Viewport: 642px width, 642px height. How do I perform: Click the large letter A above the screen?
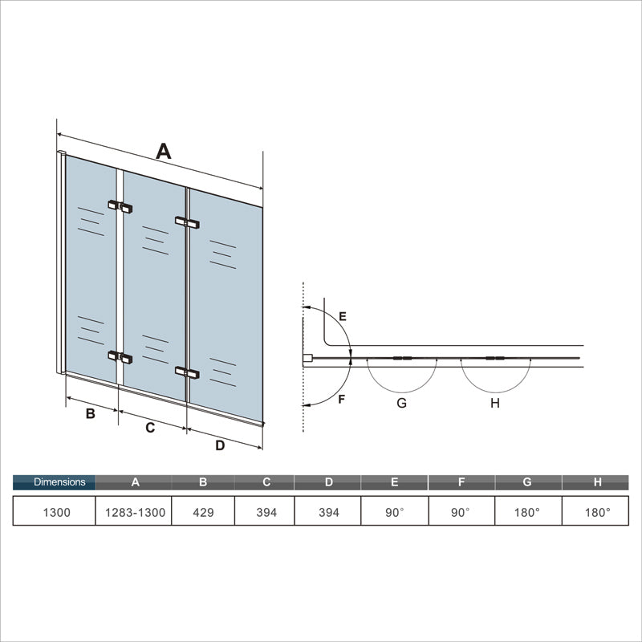pos(164,151)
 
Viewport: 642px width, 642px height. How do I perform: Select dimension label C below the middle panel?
pos(150,429)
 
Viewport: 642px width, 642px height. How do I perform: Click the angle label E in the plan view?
pos(342,317)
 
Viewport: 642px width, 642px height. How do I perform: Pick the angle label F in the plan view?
pos(342,399)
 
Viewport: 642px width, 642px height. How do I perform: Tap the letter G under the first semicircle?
pos(401,403)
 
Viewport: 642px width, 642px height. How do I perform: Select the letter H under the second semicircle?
pos(495,403)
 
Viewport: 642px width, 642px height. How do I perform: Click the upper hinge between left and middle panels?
pos(120,206)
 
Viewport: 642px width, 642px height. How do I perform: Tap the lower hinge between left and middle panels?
pos(120,356)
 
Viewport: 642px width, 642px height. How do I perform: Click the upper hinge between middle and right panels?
pos(187,221)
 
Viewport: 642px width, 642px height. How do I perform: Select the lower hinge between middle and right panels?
pos(187,372)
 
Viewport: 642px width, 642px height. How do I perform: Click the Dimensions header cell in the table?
pos(55,482)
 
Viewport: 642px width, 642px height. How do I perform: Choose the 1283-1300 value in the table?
pos(135,512)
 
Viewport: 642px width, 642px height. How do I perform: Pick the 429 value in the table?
pos(203,512)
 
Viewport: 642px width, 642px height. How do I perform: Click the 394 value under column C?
pos(265,512)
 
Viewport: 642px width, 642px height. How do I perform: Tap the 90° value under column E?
pos(393,512)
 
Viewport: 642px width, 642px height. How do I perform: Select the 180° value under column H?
pos(596,512)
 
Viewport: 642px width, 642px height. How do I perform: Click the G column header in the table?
pos(527,482)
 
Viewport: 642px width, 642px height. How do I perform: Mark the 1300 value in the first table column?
pos(55,512)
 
